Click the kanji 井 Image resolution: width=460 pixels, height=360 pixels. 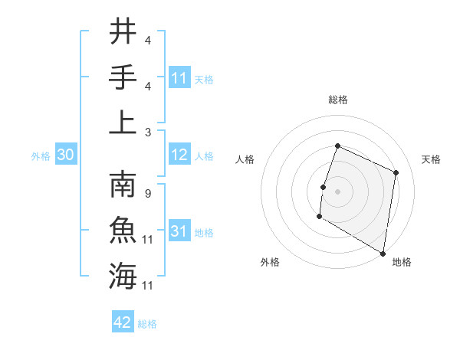click(123, 32)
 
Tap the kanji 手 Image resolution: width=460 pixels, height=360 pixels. click(123, 77)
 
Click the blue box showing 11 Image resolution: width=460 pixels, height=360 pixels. click(179, 77)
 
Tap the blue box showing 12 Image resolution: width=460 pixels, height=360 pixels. click(179, 155)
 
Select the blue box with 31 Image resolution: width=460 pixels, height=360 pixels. click(179, 231)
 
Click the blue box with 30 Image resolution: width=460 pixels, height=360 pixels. click(66, 155)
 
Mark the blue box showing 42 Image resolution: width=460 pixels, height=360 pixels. click(123, 322)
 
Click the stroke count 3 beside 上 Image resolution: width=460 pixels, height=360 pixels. click(147, 132)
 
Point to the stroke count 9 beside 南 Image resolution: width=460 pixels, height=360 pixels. click(147, 193)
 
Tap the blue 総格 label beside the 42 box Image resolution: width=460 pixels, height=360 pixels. click(147, 324)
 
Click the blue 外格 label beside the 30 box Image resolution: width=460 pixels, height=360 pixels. click(41, 156)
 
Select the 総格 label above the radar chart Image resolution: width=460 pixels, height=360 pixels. click(337, 100)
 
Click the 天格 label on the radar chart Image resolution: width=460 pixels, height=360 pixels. click(431, 159)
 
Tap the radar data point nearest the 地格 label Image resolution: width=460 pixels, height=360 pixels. click(382, 253)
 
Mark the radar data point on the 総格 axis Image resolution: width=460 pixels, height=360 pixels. click(337, 146)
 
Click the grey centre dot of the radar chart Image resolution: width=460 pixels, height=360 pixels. click(337, 191)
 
